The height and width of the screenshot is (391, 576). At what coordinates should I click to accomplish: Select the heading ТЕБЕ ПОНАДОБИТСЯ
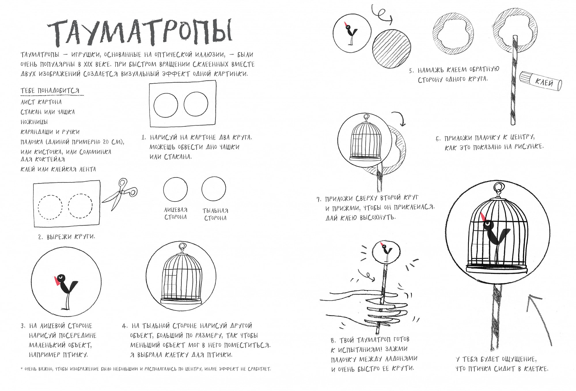(x=50, y=90)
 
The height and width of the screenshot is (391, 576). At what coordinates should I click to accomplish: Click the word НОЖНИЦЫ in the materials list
(x=34, y=122)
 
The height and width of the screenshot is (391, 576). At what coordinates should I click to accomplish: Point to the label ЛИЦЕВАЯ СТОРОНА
(x=175, y=214)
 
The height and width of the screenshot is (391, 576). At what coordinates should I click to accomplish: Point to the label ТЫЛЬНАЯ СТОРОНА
(x=215, y=214)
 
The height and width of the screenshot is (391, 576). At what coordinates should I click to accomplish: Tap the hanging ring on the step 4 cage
(x=182, y=246)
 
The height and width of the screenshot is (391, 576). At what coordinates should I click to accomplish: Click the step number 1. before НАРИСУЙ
(x=143, y=138)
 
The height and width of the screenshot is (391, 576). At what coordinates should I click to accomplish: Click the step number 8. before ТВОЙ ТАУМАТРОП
(x=333, y=341)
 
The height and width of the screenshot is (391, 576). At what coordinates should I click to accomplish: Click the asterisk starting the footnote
(x=22, y=369)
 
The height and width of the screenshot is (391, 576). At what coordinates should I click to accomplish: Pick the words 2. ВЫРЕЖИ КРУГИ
(x=66, y=237)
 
